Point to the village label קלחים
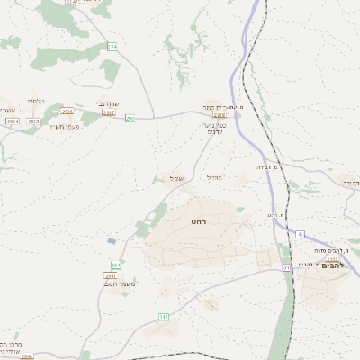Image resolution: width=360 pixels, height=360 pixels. [x=36, y=101]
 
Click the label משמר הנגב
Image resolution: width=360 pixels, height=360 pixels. [x=121, y=283]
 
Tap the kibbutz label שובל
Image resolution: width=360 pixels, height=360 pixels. [x=176, y=178]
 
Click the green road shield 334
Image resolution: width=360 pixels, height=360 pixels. [x=112, y=46]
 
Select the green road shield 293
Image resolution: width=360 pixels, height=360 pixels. [x=130, y=118]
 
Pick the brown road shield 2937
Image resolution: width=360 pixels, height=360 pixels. [x=109, y=113]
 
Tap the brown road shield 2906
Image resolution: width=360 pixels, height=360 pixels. [x=68, y=112]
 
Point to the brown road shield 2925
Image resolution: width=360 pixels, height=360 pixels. [x=33, y=121]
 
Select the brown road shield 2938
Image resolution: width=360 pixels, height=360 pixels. [x=219, y=115]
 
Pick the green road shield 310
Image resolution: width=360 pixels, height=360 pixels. [x=164, y=318]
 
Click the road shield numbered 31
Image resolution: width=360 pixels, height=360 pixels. [x=286, y=267]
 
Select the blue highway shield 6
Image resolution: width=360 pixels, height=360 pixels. [x=298, y=234]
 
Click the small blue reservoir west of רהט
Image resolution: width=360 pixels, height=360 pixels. [x=111, y=240]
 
